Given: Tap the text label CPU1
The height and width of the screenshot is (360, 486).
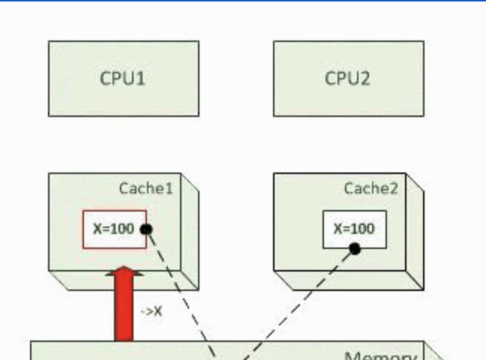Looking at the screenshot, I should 123,78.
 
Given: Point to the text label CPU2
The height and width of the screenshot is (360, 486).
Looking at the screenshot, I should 347,78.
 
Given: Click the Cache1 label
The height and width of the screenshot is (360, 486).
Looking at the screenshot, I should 145,188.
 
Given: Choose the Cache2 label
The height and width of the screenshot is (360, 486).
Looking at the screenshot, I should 370,188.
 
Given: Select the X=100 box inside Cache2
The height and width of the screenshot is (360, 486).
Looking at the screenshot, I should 354,229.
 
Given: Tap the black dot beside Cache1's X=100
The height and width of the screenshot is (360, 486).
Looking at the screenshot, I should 146,229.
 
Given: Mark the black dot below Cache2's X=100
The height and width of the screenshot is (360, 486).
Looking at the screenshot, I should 355,249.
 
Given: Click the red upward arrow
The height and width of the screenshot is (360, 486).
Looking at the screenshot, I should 123,307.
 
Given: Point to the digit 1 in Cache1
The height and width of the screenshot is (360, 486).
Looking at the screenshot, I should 169,188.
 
